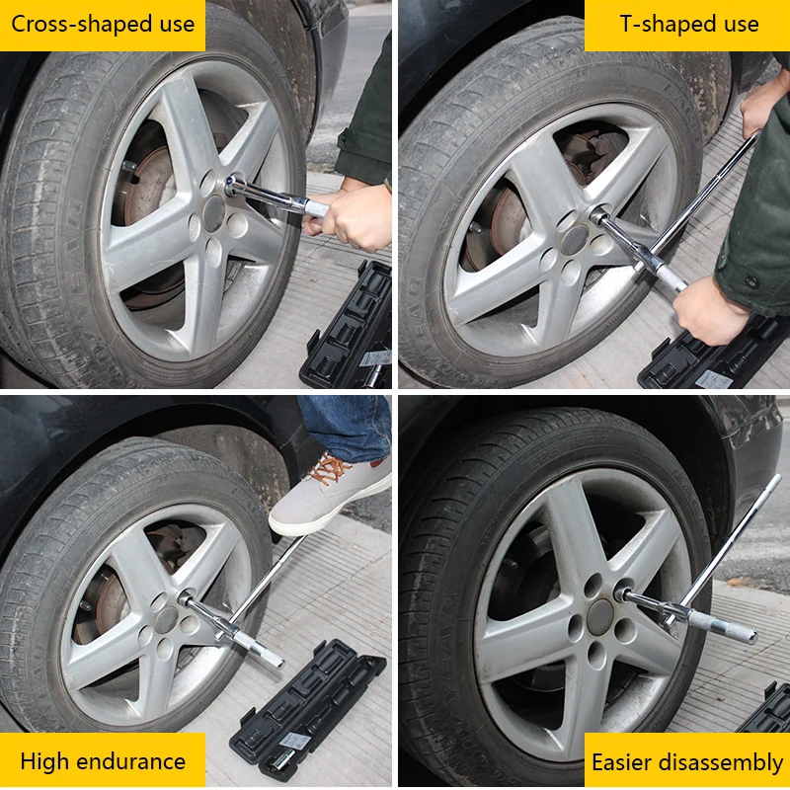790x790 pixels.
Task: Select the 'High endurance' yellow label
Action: [x=103, y=760]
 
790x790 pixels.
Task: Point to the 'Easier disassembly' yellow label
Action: [x=687, y=760]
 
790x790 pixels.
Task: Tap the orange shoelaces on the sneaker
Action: [x=328, y=468]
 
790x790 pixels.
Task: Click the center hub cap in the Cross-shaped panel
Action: [x=214, y=213]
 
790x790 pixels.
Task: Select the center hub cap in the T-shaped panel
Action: [x=575, y=240]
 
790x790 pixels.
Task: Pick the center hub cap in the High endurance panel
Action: [x=167, y=620]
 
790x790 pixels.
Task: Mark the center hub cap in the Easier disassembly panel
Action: [x=600, y=617]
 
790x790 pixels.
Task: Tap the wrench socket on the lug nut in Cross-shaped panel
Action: [x=234, y=186]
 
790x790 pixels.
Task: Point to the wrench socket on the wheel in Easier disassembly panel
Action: [x=624, y=594]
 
